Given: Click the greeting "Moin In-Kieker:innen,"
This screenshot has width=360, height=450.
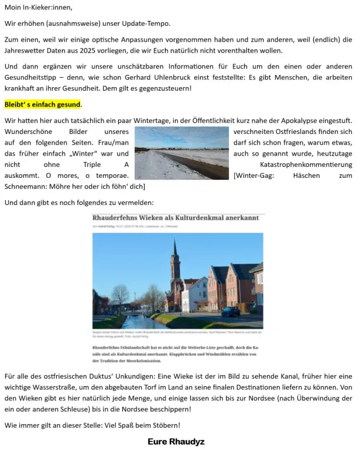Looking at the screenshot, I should pyautogui.click(x=38, y=7).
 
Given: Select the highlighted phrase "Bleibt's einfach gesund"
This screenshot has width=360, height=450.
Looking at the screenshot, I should pyautogui.click(x=42, y=105).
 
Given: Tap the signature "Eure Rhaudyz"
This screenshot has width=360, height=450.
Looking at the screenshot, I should pyautogui.click(x=176, y=441).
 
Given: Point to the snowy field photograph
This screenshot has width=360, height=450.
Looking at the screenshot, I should pyautogui.click(x=181, y=153).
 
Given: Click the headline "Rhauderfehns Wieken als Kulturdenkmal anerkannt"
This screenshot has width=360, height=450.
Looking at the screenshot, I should pyautogui.click(x=176, y=218).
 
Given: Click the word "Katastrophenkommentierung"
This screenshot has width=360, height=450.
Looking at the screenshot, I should pyautogui.click(x=306, y=164).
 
